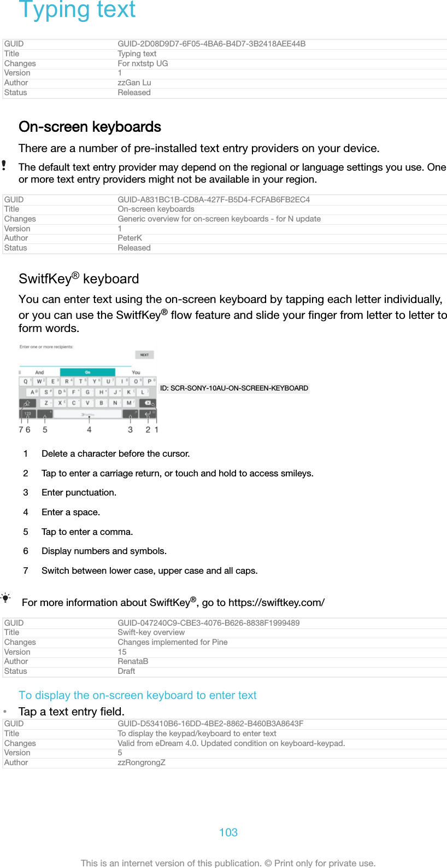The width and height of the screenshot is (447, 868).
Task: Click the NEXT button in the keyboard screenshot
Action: tap(144, 354)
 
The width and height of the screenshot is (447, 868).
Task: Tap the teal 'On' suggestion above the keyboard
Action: tap(87, 372)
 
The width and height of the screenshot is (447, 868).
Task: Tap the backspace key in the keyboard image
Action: tap(148, 403)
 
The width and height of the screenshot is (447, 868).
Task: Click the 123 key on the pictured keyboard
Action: tap(28, 413)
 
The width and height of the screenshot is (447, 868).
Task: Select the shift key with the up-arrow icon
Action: tap(27, 403)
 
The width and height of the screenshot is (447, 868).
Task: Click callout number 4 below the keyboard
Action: tap(89, 430)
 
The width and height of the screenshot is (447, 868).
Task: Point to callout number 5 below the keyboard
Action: tap(45, 430)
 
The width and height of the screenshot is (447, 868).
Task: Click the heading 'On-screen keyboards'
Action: tap(90, 127)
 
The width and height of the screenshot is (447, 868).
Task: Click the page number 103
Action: tap(228, 832)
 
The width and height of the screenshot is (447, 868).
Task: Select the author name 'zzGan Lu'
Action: tap(134, 83)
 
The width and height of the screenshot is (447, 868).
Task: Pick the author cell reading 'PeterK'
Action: tap(130, 238)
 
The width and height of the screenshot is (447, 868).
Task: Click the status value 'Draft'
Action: tap(126, 671)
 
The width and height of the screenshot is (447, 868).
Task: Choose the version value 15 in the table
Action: tap(122, 652)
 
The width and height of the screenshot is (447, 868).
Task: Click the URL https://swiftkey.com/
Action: tap(276, 603)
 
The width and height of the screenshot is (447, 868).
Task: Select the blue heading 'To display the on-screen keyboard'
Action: tap(137, 695)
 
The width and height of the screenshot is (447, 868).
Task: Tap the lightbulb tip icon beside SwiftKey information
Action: tap(5, 598)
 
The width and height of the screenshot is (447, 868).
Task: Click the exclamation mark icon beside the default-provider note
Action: tap(4, 165)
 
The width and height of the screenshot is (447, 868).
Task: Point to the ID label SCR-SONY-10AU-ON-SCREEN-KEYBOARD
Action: tap(234, 388)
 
